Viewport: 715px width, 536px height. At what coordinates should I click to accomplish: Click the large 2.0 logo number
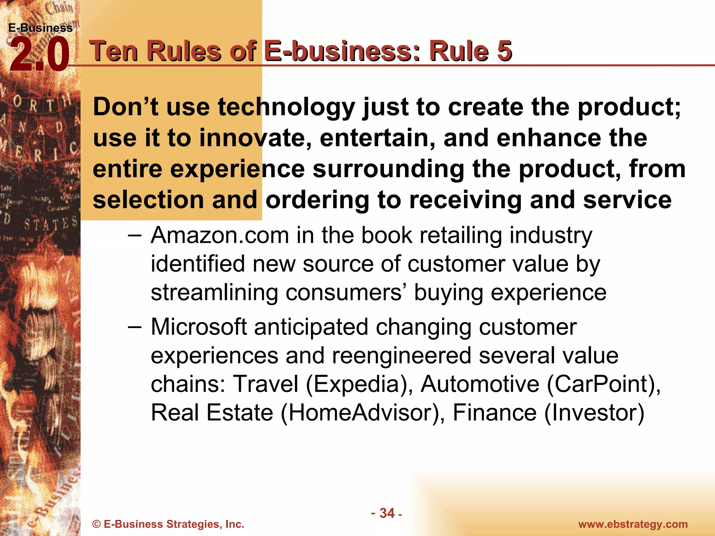tap(39, 55)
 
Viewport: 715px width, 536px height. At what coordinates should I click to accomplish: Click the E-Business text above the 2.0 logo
tap(40, 28)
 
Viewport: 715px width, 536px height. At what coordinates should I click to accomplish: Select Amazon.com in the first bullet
tap(220, 235)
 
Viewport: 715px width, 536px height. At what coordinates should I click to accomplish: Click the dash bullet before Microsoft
tap(135, 327)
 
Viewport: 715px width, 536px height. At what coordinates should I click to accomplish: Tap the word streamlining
tap(214, 292)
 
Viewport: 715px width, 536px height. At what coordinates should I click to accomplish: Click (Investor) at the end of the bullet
tap(594, 413)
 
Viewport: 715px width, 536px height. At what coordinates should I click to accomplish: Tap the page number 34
tap(387, 513)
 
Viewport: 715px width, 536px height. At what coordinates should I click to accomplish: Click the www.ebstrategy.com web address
tap(633, 524)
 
